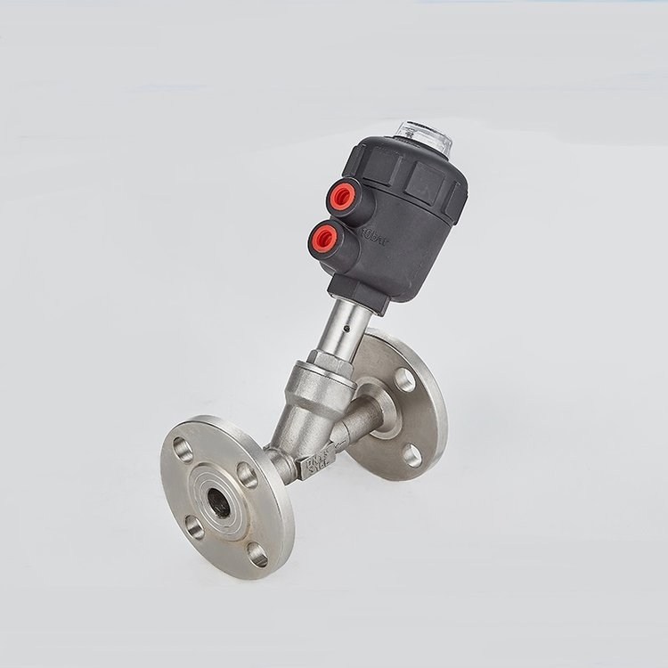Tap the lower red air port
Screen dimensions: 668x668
322,236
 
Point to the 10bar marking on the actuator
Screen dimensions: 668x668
373,237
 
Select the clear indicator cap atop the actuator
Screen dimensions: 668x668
422,132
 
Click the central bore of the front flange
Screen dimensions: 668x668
216,501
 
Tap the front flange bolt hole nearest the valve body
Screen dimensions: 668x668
248,475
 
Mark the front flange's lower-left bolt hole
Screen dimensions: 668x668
193,527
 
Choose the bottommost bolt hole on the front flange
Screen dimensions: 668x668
257,554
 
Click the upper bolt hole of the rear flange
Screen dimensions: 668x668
404,379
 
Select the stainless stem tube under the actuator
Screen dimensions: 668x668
342,326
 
